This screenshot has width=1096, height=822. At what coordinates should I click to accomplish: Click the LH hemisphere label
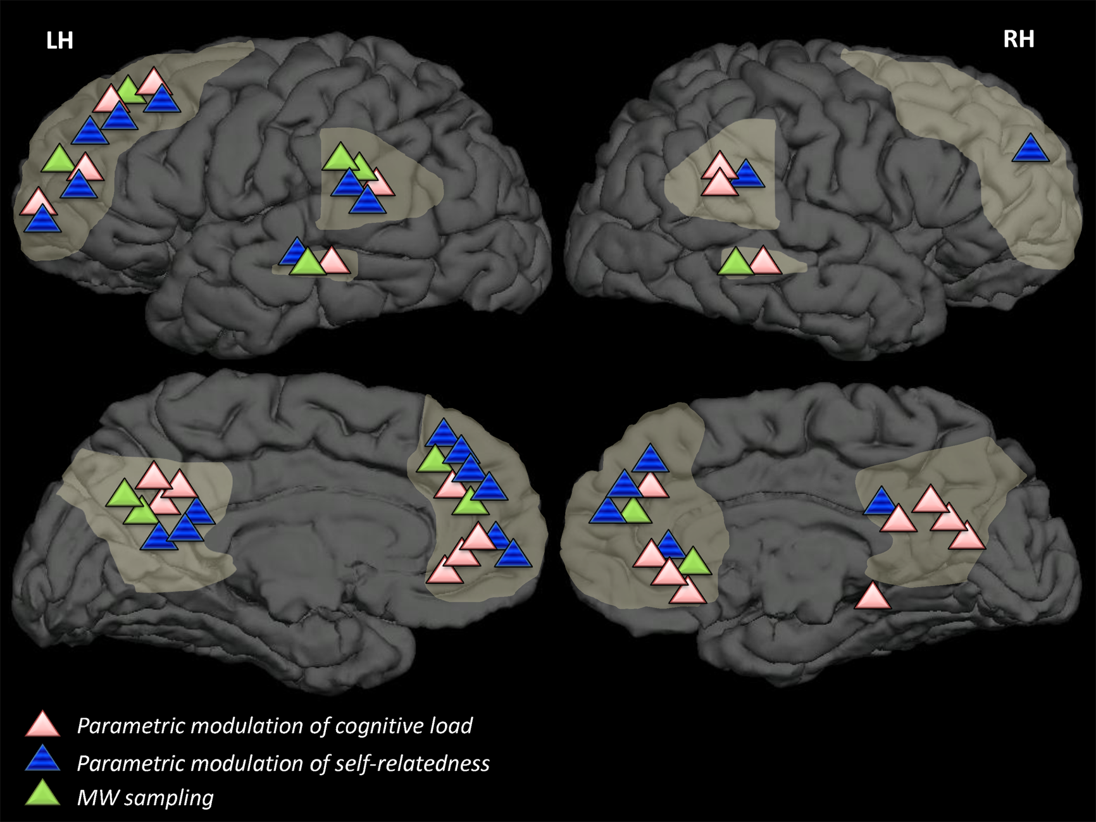point(59,41)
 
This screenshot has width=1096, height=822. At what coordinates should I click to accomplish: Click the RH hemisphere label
point(1018,39)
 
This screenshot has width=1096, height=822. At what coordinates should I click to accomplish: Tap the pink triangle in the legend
point(42,725)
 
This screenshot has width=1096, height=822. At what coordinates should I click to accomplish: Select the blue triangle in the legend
point(42,759)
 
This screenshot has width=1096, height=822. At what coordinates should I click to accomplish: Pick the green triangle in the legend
point(42,794)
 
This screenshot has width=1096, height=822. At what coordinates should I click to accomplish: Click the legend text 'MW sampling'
point(145,797)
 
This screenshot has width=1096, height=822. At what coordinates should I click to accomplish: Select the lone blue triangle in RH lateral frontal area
point(1030,150)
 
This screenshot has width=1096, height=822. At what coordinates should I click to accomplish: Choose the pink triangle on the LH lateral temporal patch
point(333,261)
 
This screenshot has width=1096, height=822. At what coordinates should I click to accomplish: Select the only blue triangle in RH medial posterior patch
point(880,502)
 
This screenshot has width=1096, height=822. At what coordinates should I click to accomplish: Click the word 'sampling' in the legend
point(169,798)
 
